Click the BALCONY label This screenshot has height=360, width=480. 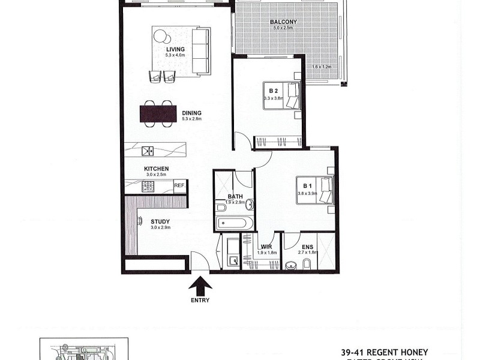click(284, 22)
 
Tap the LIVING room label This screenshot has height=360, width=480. click(176, 49)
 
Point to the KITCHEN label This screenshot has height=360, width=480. click(156, 169)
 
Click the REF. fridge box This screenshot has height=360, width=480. click(179, 186)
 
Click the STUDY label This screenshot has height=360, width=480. click(160, 221)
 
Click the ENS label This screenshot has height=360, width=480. click(307, 247)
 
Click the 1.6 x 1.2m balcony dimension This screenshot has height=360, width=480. click(322, 67)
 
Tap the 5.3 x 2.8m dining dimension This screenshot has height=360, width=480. click(192, 119)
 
